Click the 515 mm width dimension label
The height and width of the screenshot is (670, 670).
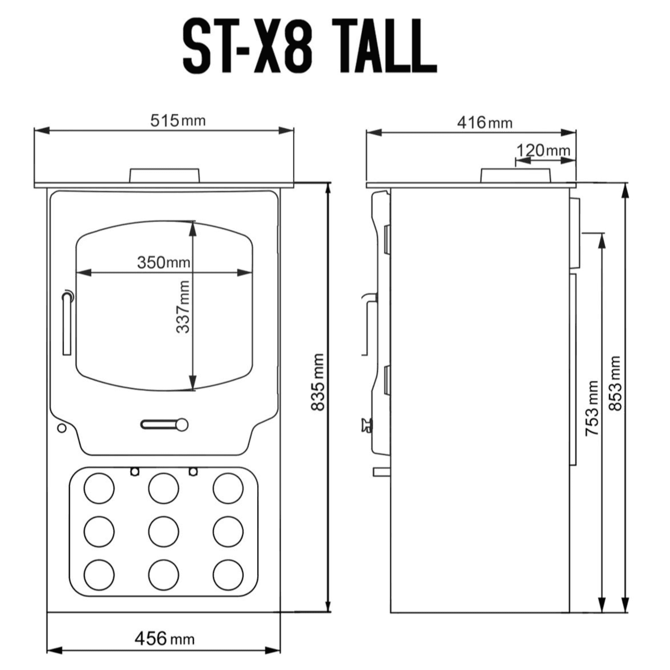(x=178, y=121)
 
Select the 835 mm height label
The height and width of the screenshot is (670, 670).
(x=317, y=382)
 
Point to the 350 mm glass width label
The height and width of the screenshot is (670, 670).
(x=163, y=262)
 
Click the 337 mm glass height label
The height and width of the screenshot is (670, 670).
(x=183, y=307)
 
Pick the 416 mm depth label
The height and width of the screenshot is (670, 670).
(x=485, y=123)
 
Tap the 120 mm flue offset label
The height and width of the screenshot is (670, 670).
(x=543, y=151)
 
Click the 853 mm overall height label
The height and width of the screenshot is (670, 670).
(x=615, y=383)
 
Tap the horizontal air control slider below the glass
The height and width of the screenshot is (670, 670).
(x=164, y=424)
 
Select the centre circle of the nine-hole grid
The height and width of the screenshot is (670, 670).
(x=163, y=532)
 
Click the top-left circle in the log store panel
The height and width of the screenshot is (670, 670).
(x=99, y=488)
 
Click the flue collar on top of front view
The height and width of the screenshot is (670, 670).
(x=164, y=175)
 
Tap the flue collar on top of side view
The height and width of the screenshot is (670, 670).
(x=515, y=175)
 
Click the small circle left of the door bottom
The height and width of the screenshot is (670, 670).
(x=62, y=428)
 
